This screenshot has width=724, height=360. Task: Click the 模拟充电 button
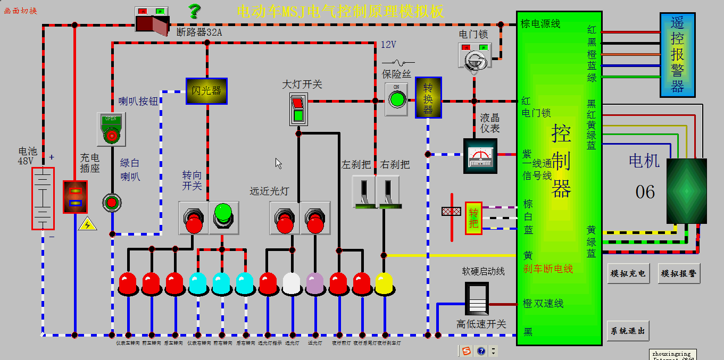(x=628, y=273)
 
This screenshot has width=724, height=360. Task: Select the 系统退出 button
(x=628, y=331)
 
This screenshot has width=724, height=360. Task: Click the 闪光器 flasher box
(x=206, y=91)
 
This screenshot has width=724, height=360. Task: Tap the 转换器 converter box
(x=428, y=97)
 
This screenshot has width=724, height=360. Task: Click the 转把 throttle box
(x=473, y=218)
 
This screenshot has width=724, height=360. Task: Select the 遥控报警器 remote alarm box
(x=677, y=55)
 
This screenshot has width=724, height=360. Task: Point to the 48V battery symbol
(x=43, y=198)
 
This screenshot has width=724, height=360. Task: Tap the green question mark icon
(x=195, y=11)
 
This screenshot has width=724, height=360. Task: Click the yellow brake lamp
(x=384, y=284)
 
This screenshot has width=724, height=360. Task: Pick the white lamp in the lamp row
(x=292, y=284)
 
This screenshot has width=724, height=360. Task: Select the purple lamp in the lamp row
(x=315, y=284)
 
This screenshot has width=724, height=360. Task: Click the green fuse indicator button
(x=396, y=99)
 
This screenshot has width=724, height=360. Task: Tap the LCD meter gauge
(x=480, y=156)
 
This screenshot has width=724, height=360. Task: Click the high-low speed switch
(x=477, y=299)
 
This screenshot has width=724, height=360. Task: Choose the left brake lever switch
(x=364, y=192)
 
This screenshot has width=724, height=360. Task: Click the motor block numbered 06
(x=686, y=191)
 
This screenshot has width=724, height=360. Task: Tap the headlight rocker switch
(x=298, y=109)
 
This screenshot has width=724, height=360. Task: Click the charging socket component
(x=75, y=197)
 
